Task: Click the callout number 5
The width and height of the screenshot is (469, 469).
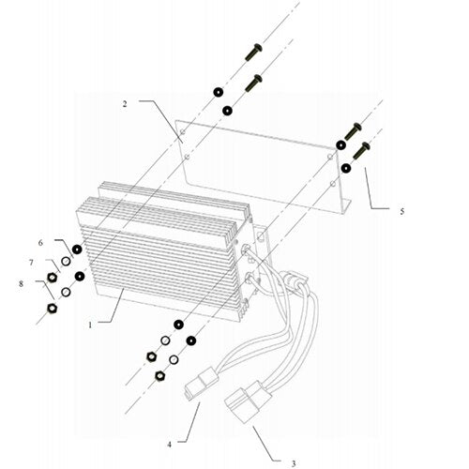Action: pyautogui.click(x=401, y=212)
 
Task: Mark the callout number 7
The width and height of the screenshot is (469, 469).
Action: pyautogui.click(x=31, y=262)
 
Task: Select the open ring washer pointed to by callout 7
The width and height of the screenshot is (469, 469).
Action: pyautogui.click(x=64, y=265)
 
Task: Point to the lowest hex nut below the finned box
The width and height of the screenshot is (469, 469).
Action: pyautogui.click(x=159, y=375)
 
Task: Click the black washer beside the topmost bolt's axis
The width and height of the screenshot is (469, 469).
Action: pyautogui.click(x=217, y=92)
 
